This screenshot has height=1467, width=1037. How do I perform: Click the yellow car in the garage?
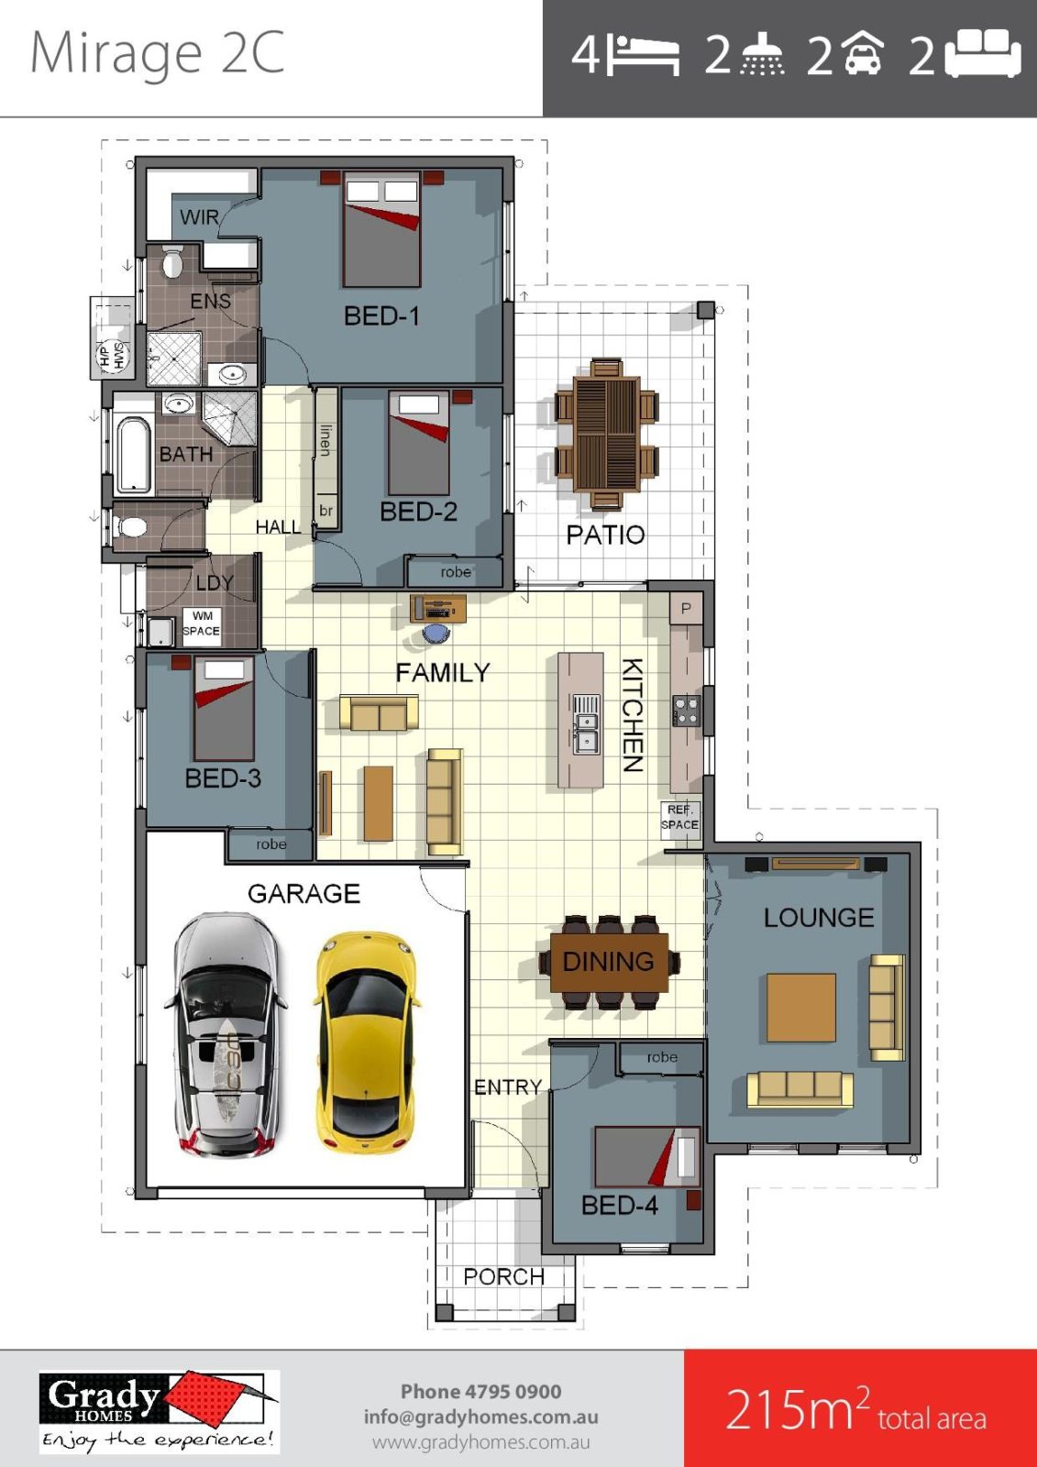click(366, 1043)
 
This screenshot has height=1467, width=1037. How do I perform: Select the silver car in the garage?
click(226, 1035)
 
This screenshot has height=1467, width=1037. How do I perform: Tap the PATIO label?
click(605, 535)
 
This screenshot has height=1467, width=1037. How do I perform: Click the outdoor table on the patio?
click(606, 434)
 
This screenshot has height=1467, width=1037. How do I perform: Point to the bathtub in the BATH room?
click(134, 452)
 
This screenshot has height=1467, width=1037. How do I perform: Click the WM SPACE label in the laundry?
click(202, 623)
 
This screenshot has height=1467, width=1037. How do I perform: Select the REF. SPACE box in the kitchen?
click(680, 819)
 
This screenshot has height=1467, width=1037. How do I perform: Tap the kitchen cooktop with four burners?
click(687, 711)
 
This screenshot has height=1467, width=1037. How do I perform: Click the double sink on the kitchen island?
click(586, 725)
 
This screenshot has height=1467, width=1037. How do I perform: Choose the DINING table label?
click(609, 962)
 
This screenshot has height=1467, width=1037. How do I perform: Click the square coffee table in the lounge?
click(801, 1008)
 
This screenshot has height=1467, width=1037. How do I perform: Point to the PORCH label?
click(503, 1276)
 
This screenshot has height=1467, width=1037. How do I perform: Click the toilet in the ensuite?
click(172, 261)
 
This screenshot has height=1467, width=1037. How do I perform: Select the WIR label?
click(199, 216)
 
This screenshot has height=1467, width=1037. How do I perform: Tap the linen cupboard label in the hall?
click(325, 439)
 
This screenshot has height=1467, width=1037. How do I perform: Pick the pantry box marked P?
click(686, 609)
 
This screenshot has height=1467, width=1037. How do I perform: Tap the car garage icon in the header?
click(862, 54)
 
